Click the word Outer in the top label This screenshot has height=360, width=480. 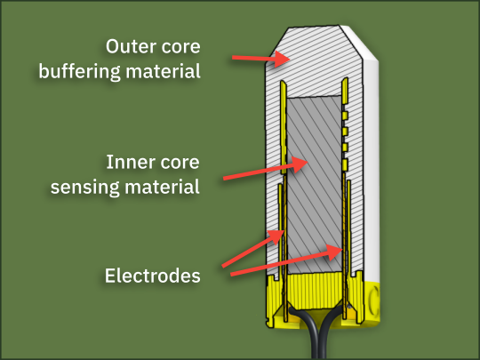pyautogui.click(x=131, y=46)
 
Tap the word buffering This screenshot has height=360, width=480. pyautogui.click(x=80, y=72)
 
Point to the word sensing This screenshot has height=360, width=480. pyautogui.click(x=85, y=188)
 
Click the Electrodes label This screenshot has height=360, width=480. pyautogui.click(x=153, y=276)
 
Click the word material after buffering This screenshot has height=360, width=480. pyautogui.click(x=163, y=71)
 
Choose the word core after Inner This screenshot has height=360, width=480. pyautogui.click(x=180, y=163)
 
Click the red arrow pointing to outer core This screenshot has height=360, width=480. pyautogui.click(x=260, y=58)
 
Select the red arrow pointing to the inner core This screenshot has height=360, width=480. pyautogui.click(x=266, y=169)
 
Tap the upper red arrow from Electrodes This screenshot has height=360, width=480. pyautogui.click(x=252, y=249)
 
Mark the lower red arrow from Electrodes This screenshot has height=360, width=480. pyautogui.click(x=286, y=260)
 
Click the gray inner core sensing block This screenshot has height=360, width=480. pyautogui.click(x=315, y=185)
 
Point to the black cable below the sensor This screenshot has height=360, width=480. pyautogui.click(x=317, y=332)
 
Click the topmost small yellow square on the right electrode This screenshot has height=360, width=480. pyautogui.click(x=345, y=115)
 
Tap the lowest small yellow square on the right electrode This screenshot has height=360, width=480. pyautogui.click(x=345, y=164)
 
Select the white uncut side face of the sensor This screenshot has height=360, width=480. pyautogui.click(x=371, y=168)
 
